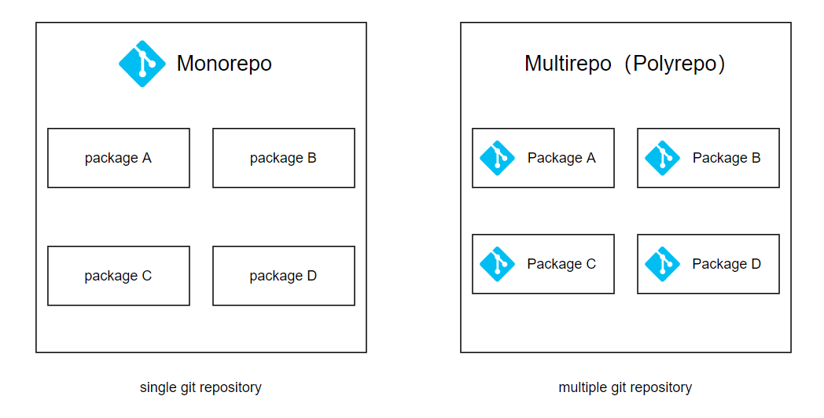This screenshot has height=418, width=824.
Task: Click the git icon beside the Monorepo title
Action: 142,64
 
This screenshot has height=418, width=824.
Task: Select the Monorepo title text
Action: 224,64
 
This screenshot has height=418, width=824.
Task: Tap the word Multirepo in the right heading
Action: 568,64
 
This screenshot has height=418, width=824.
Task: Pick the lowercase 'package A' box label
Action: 118,158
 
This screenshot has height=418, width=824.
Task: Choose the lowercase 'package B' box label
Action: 283,158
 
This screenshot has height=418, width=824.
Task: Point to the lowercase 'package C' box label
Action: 118,276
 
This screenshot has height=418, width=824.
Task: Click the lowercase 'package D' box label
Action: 283,276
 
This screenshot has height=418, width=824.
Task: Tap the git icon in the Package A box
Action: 497,158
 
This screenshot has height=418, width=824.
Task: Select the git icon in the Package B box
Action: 662,158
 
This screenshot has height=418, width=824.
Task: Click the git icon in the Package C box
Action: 497,264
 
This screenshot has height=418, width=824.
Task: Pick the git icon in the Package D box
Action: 662,264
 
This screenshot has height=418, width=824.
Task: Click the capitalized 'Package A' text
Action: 561,158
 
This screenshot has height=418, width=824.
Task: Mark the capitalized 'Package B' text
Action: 727,158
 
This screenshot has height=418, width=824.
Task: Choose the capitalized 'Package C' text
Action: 561,264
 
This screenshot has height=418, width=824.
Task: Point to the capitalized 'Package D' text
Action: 727,264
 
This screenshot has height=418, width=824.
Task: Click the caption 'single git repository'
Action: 200,387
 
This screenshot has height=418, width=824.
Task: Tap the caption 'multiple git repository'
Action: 625,387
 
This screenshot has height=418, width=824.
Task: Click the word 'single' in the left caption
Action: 157,387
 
